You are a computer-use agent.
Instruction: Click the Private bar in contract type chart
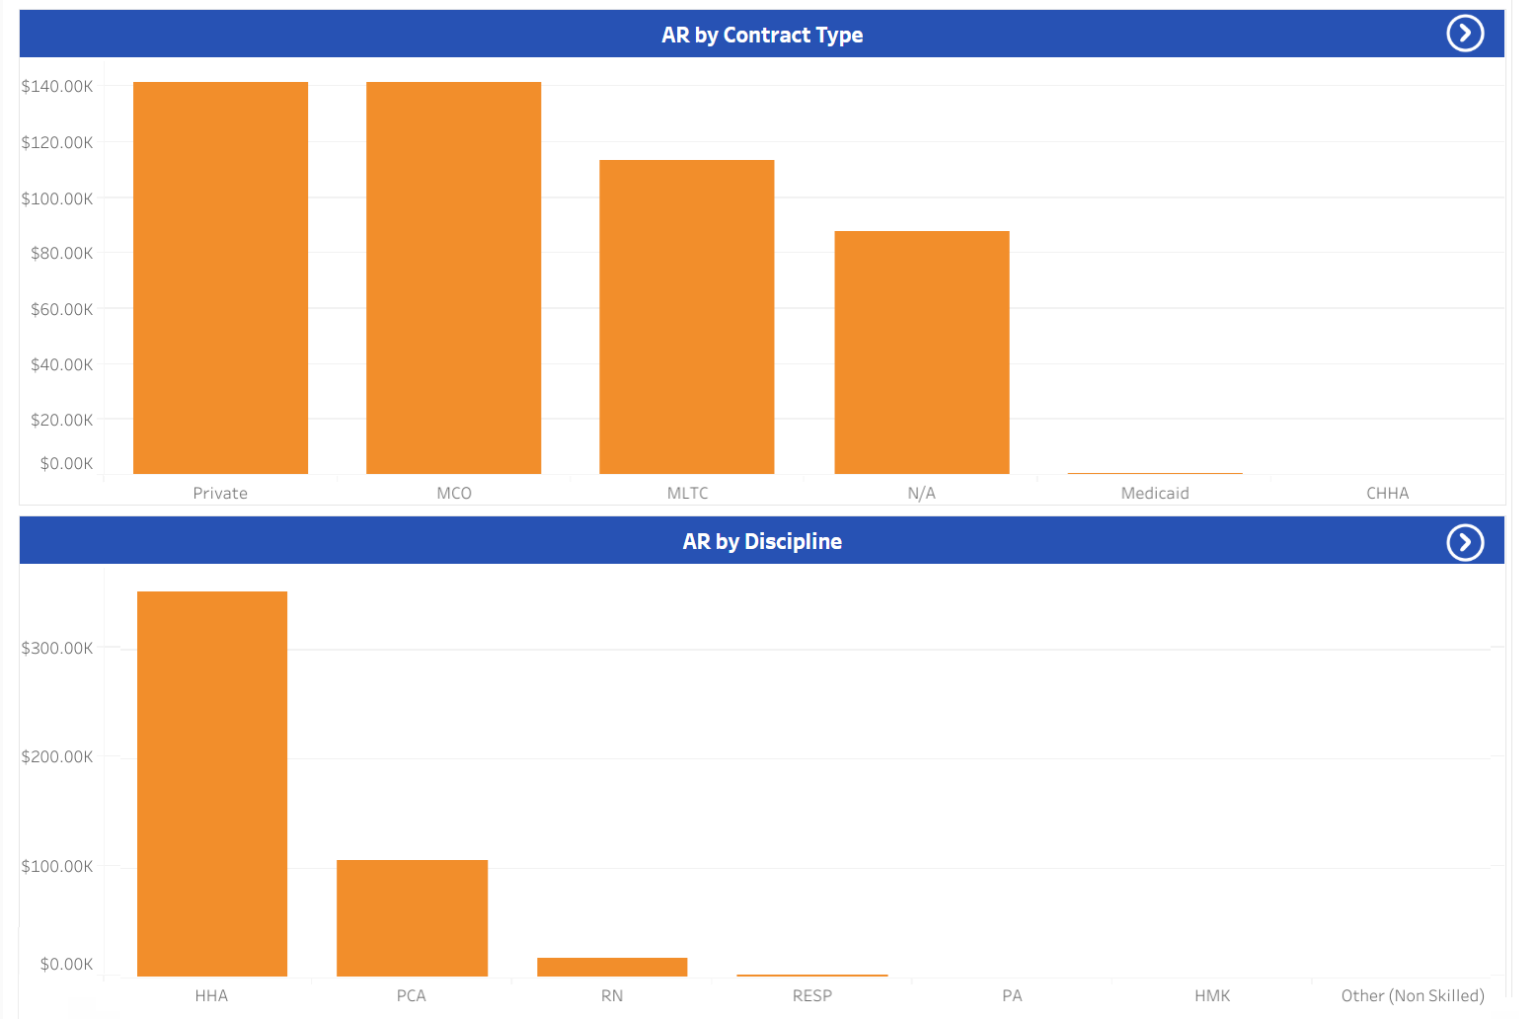(x=220, y=277)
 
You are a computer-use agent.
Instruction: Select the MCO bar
(x=453, y=277)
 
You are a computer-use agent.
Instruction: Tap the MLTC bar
(x=686, y=316)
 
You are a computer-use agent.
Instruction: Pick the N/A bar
(x=921, y=352)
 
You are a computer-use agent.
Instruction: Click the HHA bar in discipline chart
(x=212, y=783)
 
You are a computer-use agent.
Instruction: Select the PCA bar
(x=412, y=917)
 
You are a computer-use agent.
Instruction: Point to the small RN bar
(x=612, y=967)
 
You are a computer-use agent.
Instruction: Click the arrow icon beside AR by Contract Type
(x=1465, y=34)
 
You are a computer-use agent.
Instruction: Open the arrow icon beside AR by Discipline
(x=1465, y=542)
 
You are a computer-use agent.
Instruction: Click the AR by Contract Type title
(x=762, y=36)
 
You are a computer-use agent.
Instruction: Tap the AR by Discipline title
(x=762, y=542)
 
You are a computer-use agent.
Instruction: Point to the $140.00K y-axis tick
(x=57, y=87)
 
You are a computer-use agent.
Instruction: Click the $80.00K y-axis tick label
(x=61, y=254)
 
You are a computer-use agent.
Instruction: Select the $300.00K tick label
(x=57, y=649)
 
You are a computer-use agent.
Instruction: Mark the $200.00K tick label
(x=57, y=757)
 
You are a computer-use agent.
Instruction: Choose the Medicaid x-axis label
(x=1155, y=494)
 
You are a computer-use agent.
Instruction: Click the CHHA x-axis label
(x=1387, y=494)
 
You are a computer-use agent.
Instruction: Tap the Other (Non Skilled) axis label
(x=1413, y=996)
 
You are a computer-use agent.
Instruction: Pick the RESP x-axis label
(x=812, y=996)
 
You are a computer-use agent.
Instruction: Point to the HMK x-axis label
(x=1212, y=996)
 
